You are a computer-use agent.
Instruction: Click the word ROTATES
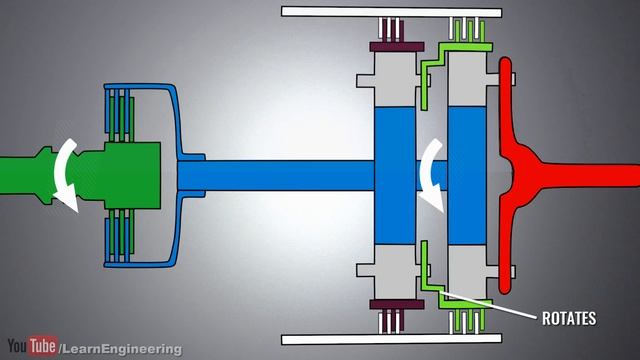coord(568,319)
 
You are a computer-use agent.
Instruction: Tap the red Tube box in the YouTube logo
coord(43,346)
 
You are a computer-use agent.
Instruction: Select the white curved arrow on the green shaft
coord(68,174)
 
